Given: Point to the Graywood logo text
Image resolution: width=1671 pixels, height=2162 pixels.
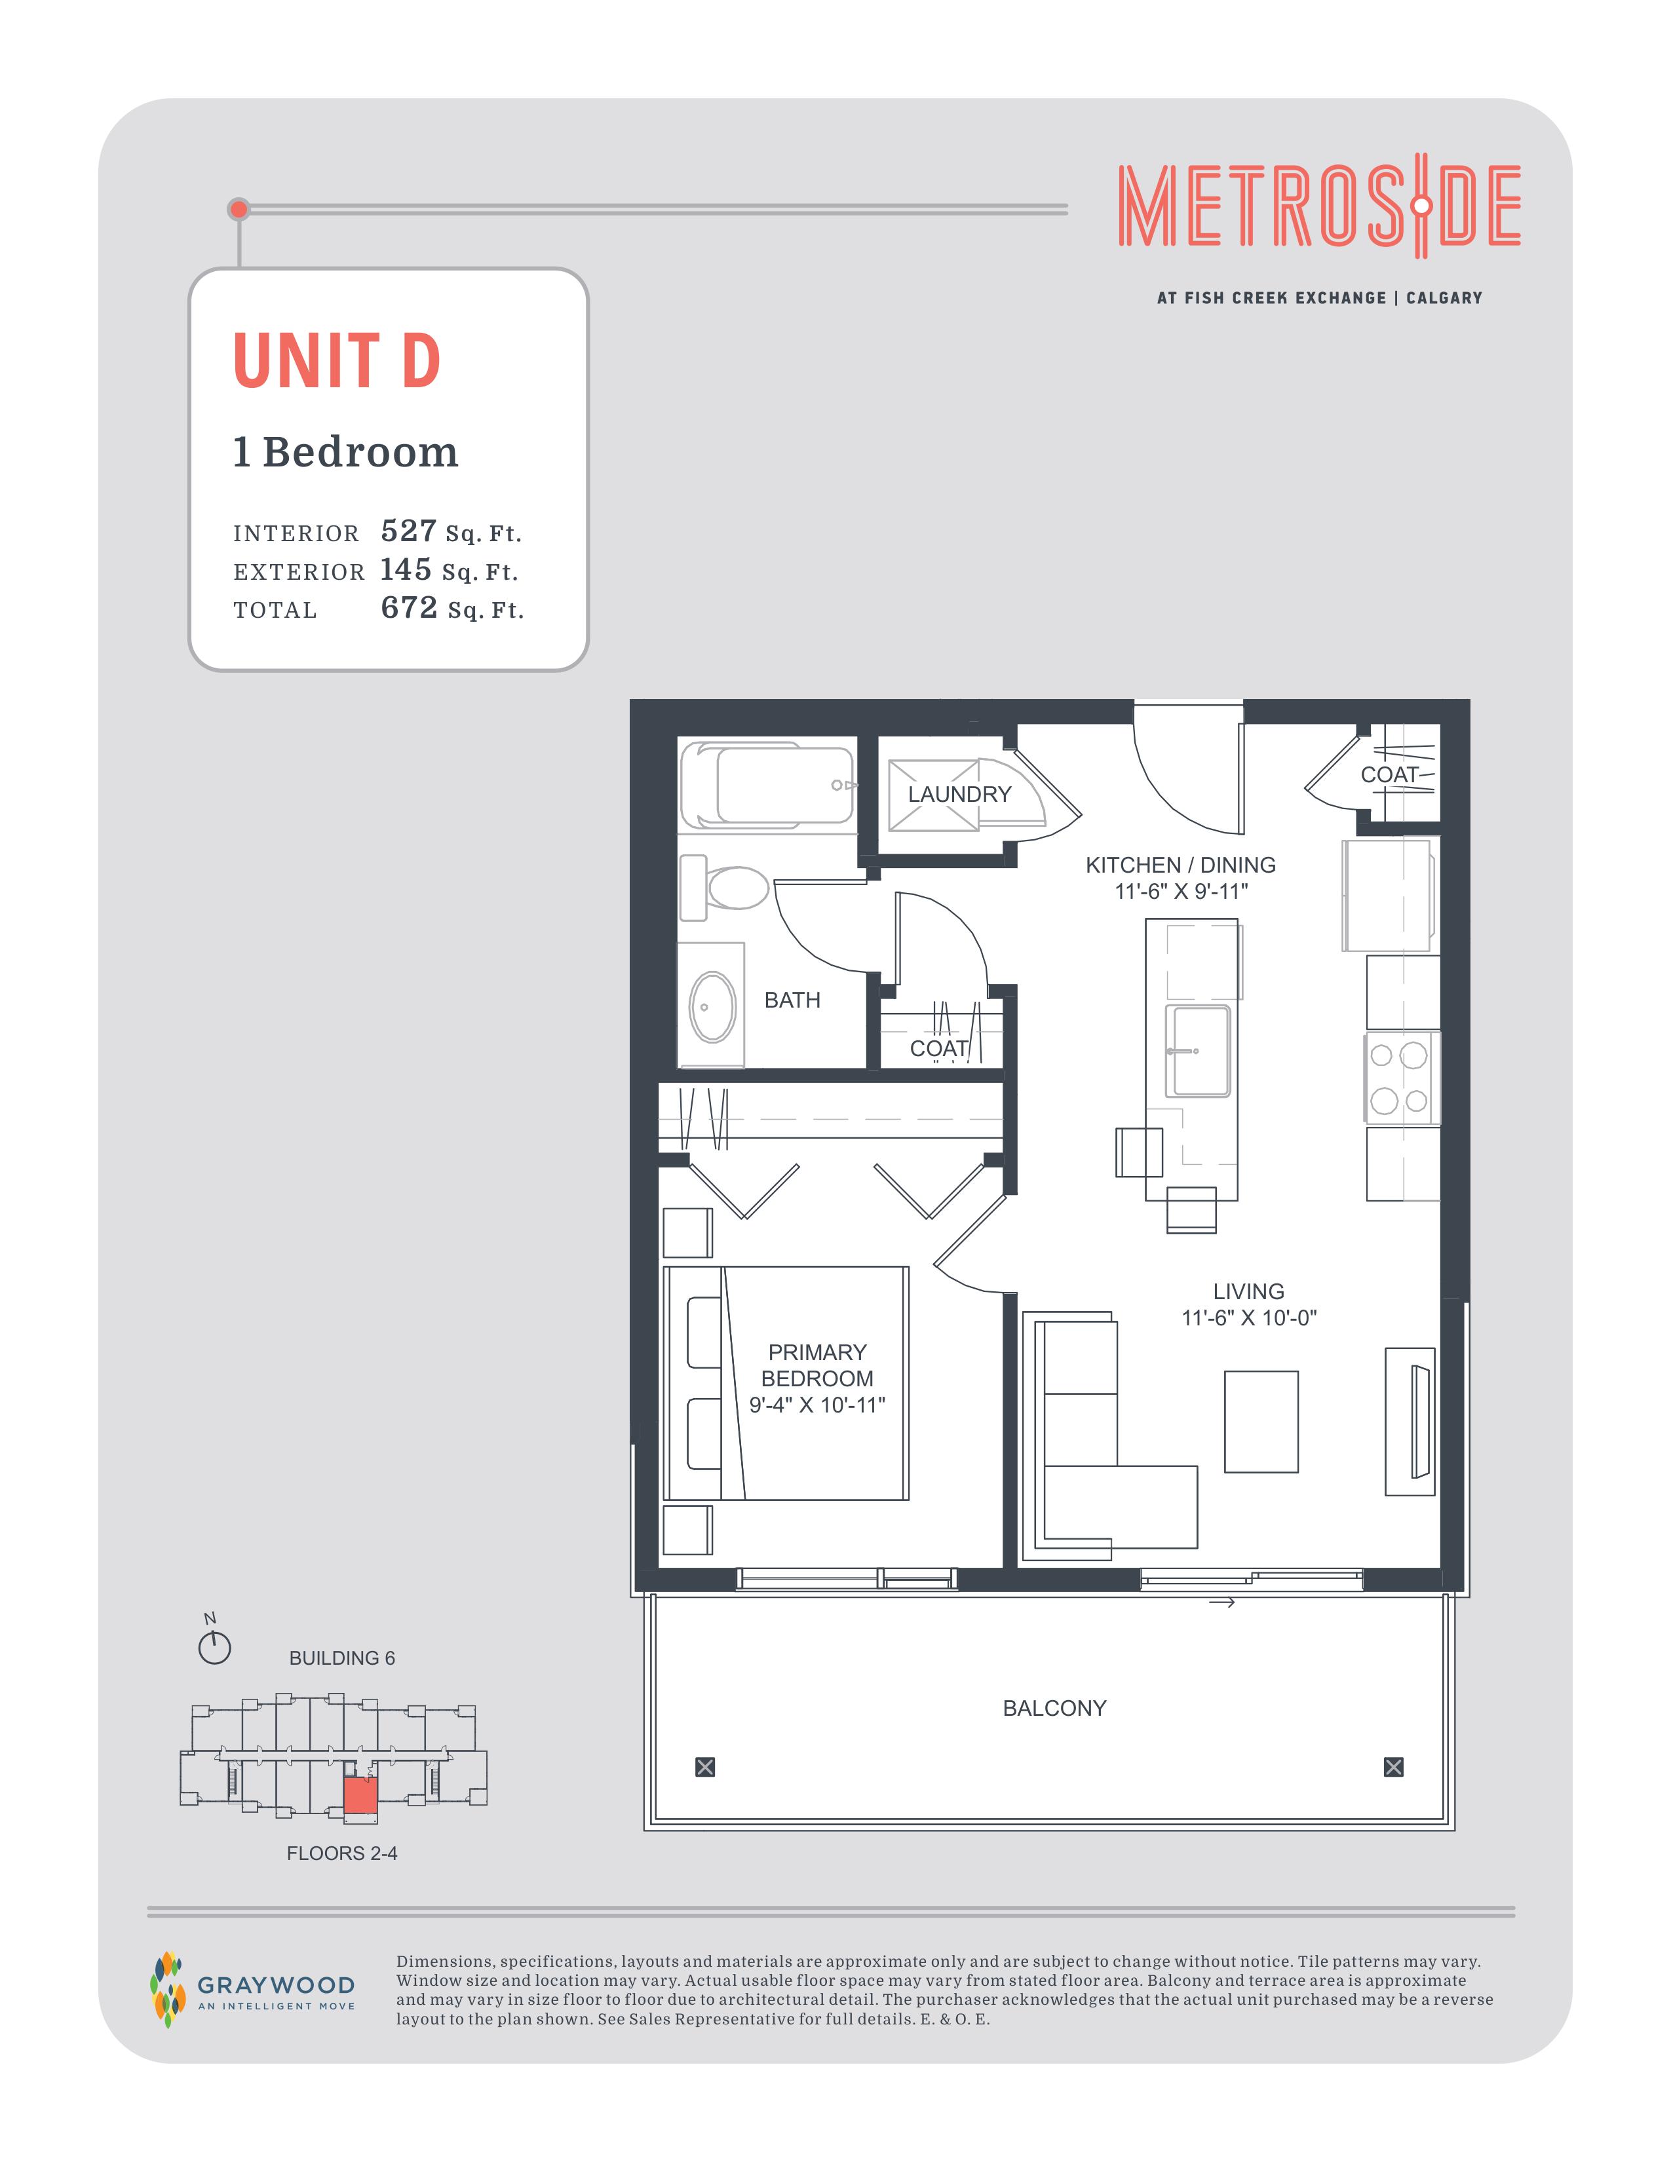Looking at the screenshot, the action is [276, 1986].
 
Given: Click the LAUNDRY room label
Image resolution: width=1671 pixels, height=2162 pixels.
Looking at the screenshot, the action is [959, 794].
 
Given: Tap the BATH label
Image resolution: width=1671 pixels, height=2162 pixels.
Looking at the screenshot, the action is [792, 1000].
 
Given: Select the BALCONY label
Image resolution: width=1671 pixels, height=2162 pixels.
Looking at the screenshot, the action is [1054, 1707].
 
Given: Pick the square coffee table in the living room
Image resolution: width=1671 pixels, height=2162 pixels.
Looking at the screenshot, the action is [1261, 1422].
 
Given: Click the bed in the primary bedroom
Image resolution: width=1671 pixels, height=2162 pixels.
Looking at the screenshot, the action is [786, 1383].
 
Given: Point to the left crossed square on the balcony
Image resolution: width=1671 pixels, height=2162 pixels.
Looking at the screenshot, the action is [705, 1767].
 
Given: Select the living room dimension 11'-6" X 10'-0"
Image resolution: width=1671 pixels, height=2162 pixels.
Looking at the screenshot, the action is [1248, 1318].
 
